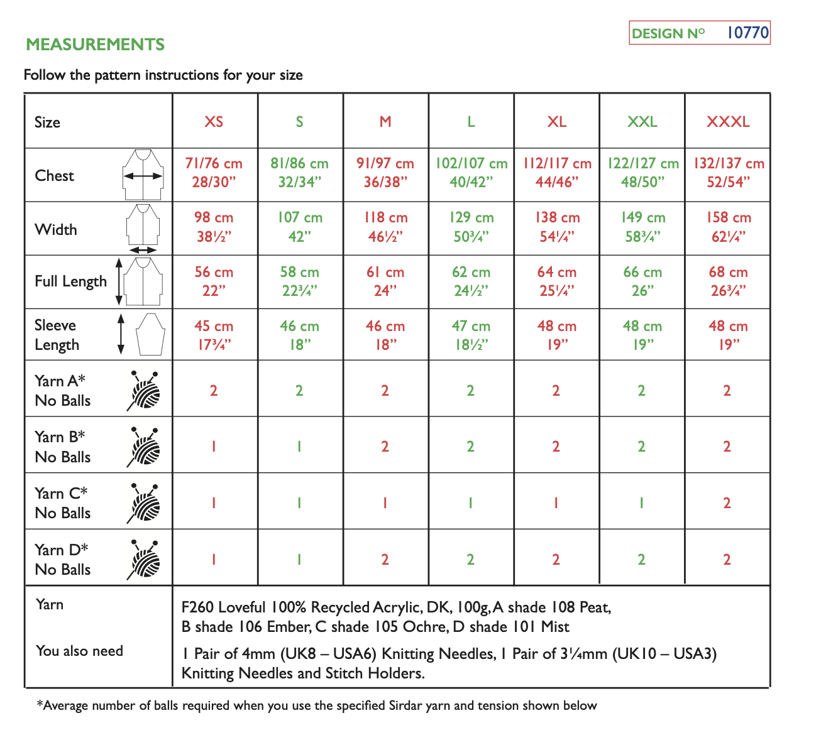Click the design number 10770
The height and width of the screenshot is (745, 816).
coord(747,33)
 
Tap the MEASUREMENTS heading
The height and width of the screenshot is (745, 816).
coord(96,45)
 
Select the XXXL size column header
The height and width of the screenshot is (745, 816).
coord(727,122)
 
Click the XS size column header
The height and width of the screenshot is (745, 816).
coord(214,122)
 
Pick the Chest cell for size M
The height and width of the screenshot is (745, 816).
coord(385,173)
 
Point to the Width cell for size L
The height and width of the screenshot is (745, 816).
coord(471,227)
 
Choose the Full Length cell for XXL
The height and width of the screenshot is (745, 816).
coord(642,281)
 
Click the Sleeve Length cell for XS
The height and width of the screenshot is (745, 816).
coord(214,335)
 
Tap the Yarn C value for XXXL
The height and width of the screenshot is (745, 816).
coord(727,503)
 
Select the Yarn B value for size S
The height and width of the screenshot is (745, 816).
coord(299,447)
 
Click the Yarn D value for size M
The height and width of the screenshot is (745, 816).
coord(385,560)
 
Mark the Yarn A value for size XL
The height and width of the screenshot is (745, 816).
coord(556,391)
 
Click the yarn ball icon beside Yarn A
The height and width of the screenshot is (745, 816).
coord(144,391)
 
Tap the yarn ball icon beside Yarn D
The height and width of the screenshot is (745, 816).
coord(144,560)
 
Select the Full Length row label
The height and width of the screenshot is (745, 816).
coord(70,281)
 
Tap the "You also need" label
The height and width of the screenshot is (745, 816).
coord(79,651)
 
